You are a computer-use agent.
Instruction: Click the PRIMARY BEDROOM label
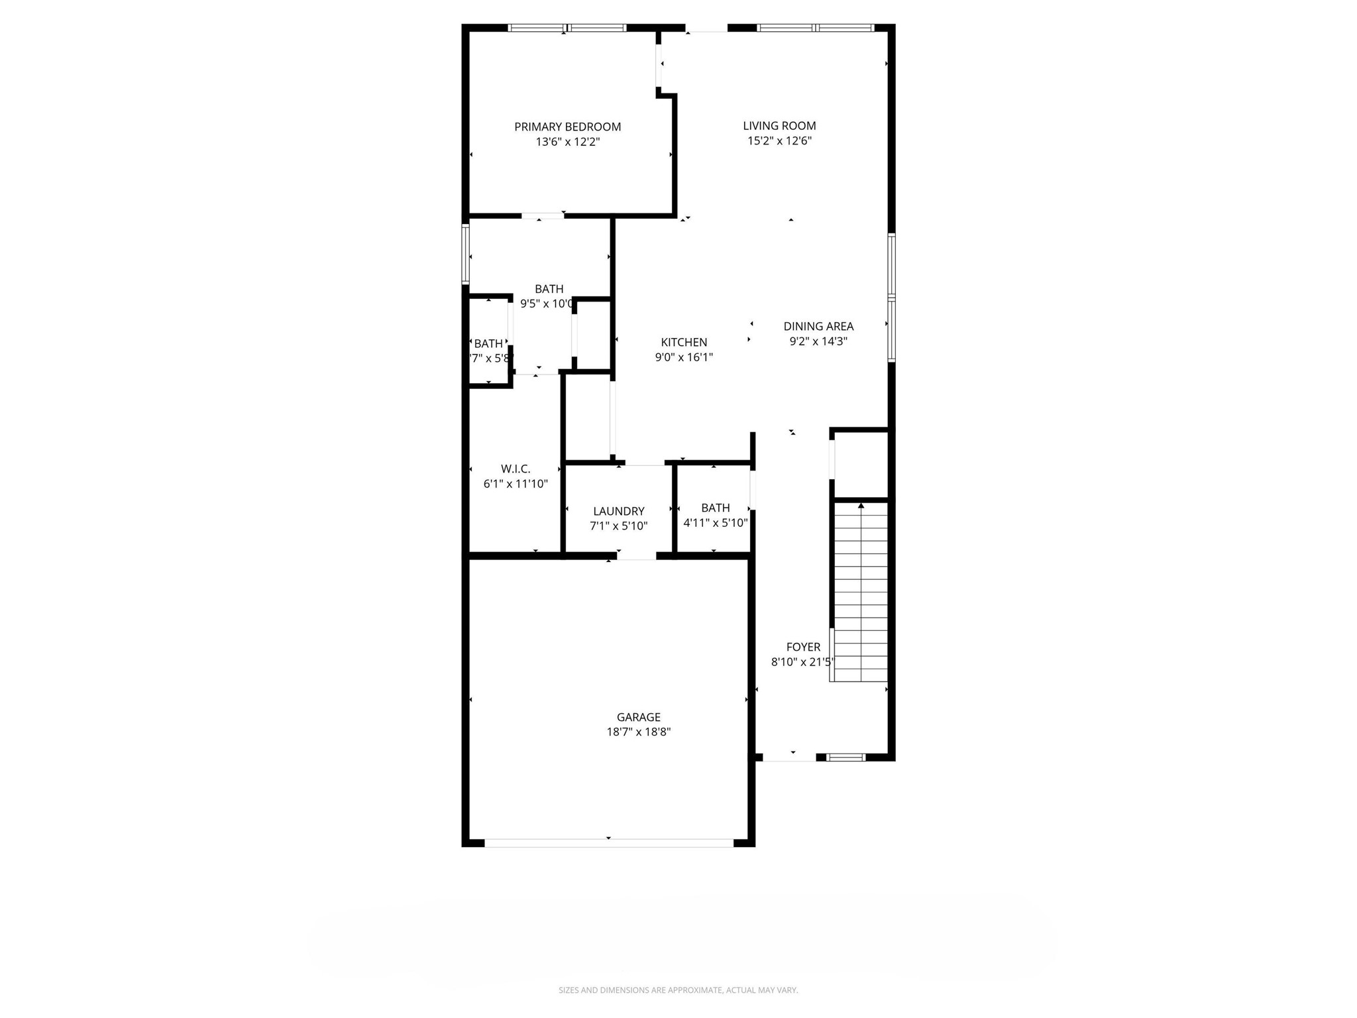click(x=567, y=127)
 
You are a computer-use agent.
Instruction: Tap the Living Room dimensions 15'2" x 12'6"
click(x=779, y=141)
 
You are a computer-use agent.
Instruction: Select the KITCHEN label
click(x=684, y=342)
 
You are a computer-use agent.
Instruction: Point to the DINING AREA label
click(x=818, y=326)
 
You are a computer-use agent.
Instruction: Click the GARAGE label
click(x=638, y=717)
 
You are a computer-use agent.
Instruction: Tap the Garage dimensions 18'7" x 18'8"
click(x=638, y=732)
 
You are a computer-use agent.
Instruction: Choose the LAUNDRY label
click(x=618, y=511)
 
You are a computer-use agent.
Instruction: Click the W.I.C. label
click(x=516, y=469)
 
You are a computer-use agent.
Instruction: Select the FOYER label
click(x=803, y=647)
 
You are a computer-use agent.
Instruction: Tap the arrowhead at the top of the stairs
click(x=861, y=506)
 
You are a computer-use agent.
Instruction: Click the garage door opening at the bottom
click(x=608, y=843)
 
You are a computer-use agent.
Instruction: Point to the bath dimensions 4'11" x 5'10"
click(x=715, y=523)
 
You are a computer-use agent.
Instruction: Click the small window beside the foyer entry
click(x=846, y=757)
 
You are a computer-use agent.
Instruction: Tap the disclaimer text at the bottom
click(x=678, y=990)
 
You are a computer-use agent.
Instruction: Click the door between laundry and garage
click(x=636, y=555)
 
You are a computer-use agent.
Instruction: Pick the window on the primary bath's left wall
click(x=466, y=254)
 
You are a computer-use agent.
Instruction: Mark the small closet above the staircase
click(x=860, y=464)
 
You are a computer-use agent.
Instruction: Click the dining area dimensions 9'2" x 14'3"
click(x=818, y=341)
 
